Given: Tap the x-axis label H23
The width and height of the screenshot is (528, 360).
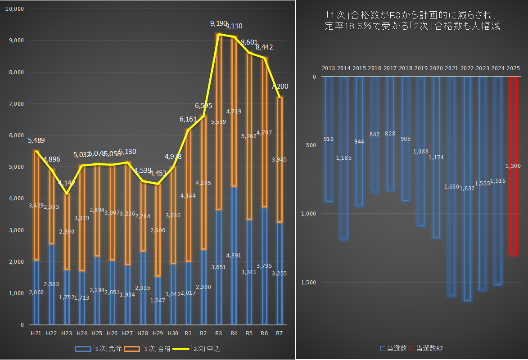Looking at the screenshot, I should coord(67,333).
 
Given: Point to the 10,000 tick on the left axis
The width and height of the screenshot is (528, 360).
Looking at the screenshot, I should coord(17,9).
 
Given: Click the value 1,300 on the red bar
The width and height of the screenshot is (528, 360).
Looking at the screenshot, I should coord(513,166).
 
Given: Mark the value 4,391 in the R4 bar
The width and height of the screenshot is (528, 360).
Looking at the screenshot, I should coord(234,255).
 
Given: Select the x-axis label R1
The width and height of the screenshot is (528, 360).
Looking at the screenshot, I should coord(188,333).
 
